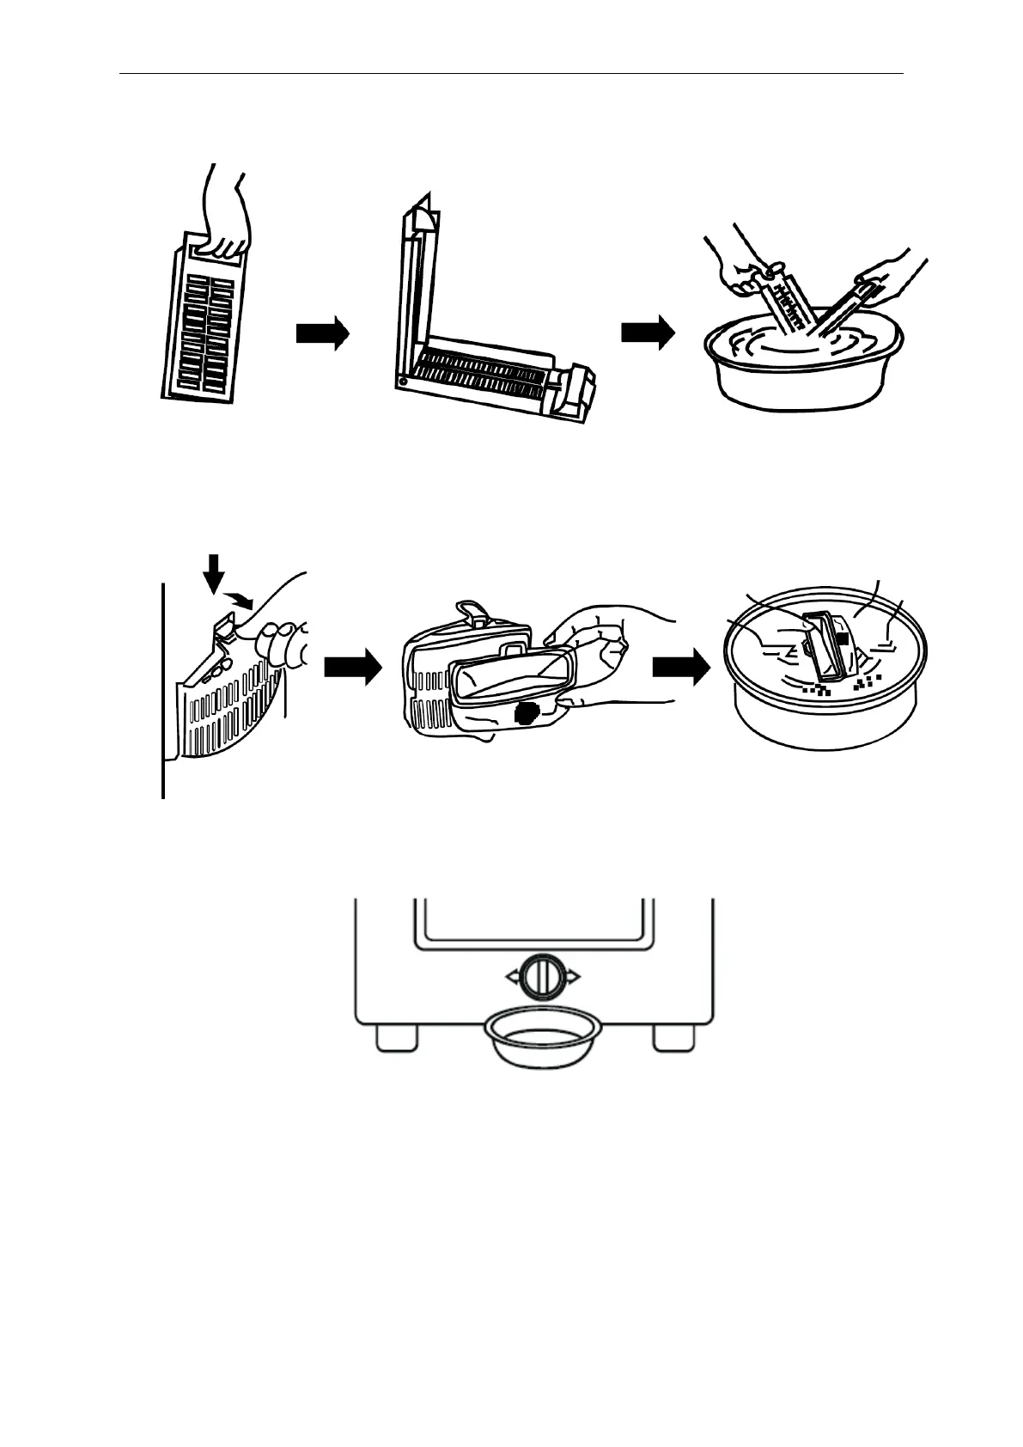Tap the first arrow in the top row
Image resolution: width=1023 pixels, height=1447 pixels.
[x=322, y=333]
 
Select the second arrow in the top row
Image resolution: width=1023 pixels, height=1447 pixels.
[x=648, y=333]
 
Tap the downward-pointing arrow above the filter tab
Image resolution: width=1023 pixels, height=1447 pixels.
[x=215, y=571]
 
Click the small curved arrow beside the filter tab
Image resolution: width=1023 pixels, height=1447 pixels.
[x=240, y=598]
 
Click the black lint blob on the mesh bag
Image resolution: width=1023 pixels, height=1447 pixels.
[x=525, y=712]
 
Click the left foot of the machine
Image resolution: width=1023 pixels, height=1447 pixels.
[x=398, y=1037]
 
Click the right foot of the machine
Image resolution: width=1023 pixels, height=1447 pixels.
[x=674, y=1037]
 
